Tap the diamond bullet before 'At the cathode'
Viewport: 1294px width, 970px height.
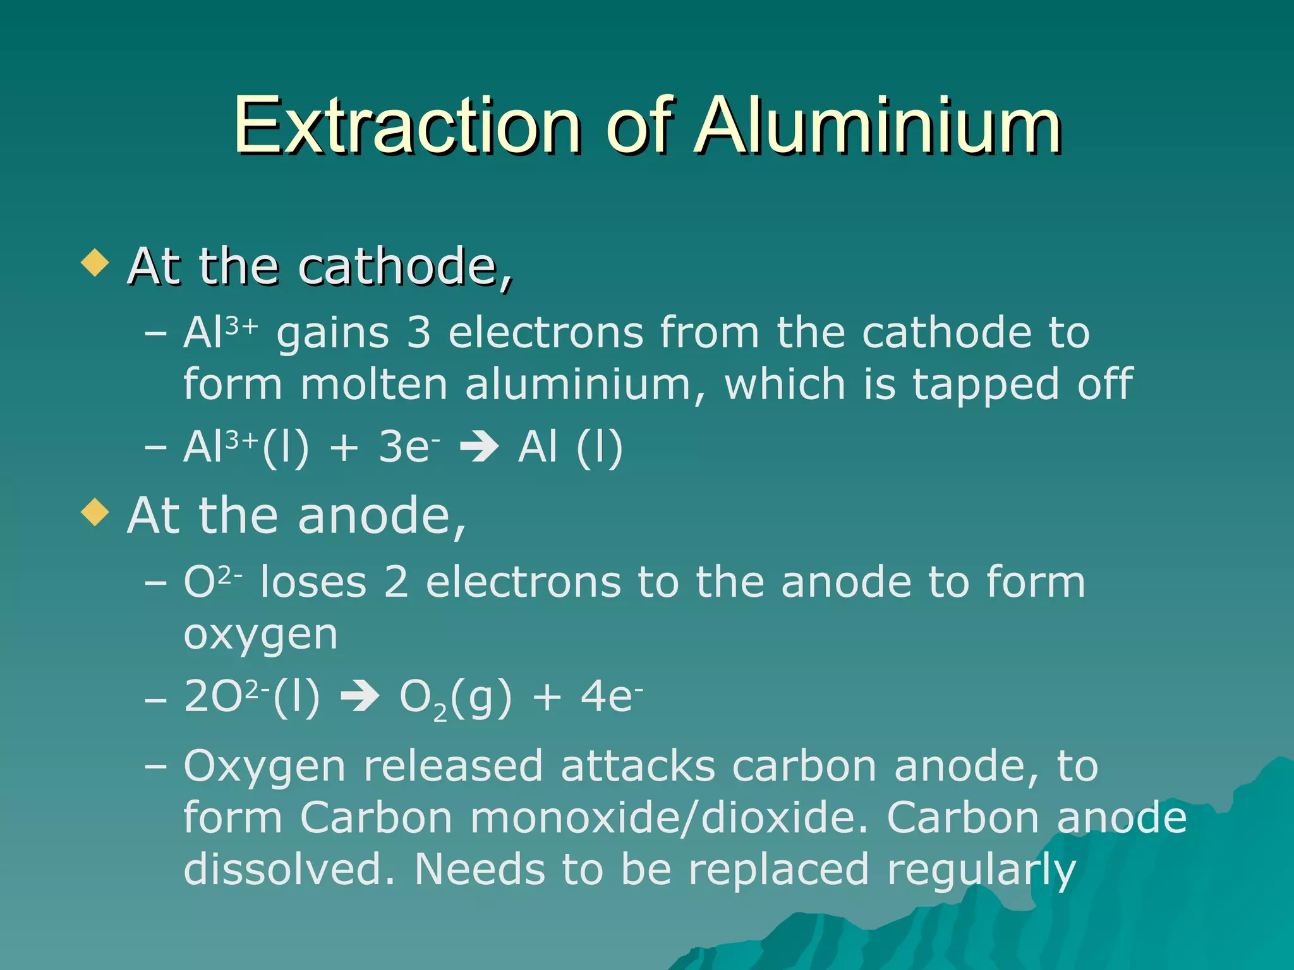(95, 263)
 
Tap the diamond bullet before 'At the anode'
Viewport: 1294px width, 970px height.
(95, 512)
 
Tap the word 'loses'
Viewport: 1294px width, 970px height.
(313, 582)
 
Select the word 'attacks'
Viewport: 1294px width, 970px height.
(638, 766)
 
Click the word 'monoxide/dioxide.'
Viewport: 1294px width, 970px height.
(670, 818)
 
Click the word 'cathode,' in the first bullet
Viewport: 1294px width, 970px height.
(405, 267)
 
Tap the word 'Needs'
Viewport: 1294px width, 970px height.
(480, 870)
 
